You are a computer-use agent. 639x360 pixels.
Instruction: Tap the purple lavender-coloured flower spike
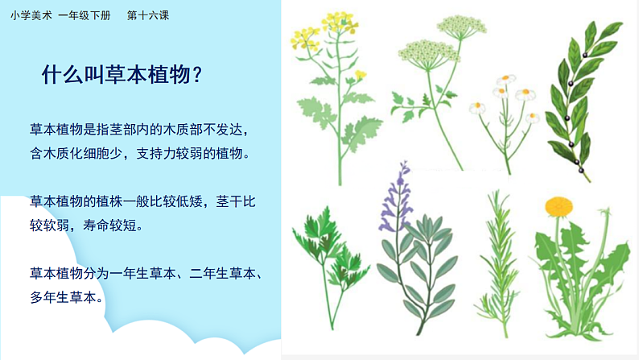[x=397, y=193]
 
